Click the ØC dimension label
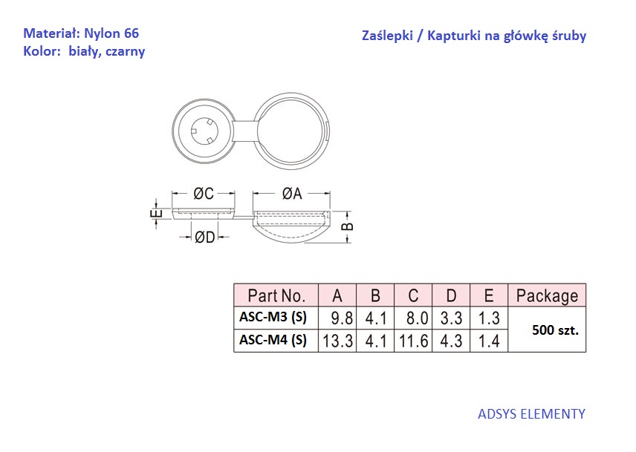[x=204, y=194]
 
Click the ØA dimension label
[x=292, y=194]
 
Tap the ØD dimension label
[x=204, y=237]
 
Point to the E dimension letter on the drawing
[x=157, y=214]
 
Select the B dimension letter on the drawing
[x=348, y=227]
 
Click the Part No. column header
[x=276, y=295]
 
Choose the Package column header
[x=547, y=296]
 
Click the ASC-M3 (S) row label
[x=273, y=317]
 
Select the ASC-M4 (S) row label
[x=273, y=339]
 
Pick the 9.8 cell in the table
[x=342, y=318]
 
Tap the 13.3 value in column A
[x=337, y=341]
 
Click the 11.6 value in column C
[x=413, y=341]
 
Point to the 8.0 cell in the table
[x=418, y=318]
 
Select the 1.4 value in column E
[x=489, y=341]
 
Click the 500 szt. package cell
[x=555, y=330]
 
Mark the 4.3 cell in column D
[x=451, y=341]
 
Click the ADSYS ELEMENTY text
[x=531, y=414]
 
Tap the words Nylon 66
[x=111, y=33]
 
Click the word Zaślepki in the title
[x=387, y=36]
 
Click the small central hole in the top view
[x=204, y=131]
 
